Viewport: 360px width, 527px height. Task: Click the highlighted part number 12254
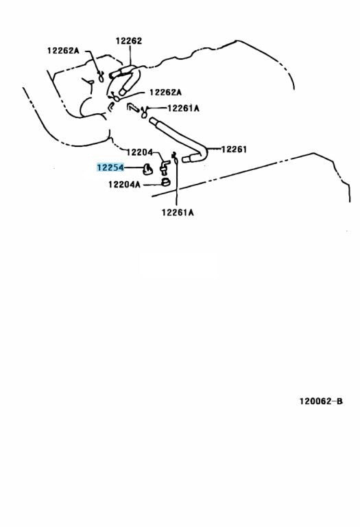pos(110,167)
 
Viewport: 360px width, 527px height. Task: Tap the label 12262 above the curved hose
pos(129,40)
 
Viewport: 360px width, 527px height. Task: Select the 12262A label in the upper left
pos(63,50)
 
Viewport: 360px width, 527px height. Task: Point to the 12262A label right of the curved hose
pos(165,92)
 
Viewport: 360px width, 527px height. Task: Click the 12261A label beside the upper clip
pos(183,108)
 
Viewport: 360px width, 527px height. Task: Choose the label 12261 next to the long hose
pos(234,149)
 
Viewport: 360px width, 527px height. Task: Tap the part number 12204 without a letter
pos(140,152)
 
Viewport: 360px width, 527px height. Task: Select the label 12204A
pos(124,184)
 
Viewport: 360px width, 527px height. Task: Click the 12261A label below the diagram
pos(178,212)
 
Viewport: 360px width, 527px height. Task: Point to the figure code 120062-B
pos(321,401)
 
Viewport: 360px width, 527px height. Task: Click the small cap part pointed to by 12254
pos(147,169)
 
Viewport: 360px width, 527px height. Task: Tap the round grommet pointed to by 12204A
pos(165,182)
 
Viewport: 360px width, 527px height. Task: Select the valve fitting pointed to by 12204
pos(165,166)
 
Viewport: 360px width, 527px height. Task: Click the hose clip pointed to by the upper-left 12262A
pos(100,76)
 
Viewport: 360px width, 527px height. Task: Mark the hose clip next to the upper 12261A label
pos(144,113)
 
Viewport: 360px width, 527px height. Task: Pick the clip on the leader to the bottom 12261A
pos(174,156)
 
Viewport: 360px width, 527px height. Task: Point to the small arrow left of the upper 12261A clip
pos(132,108)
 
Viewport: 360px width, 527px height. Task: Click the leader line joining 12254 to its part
pos(133,167)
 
